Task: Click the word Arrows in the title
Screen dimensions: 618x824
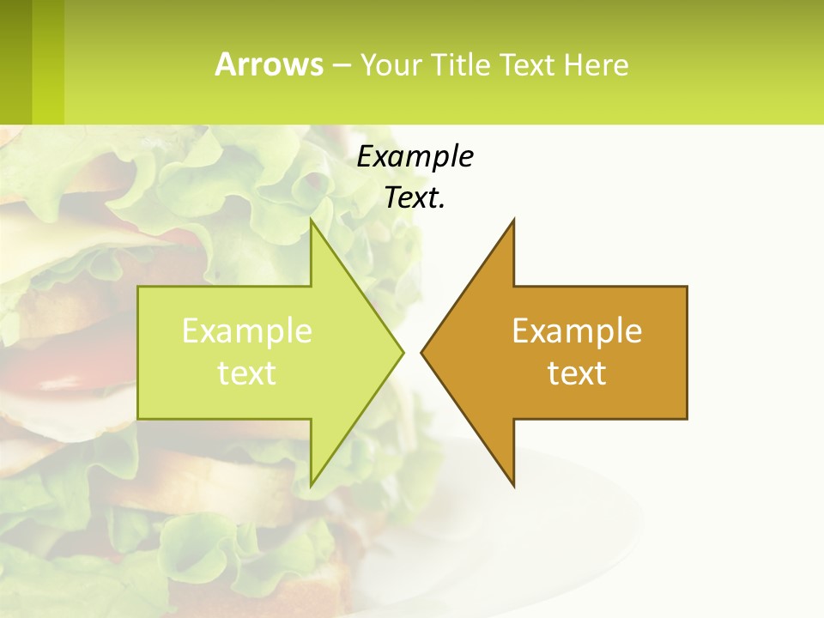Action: (268, 64)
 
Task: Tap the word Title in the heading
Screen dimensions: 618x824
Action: (460, 65)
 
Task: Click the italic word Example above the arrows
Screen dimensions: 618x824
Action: (415, 156)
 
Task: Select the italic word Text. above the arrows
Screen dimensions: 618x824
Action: (415, 198)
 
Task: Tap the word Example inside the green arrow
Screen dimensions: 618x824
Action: (247, 330)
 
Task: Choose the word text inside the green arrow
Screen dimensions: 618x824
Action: (247, 373)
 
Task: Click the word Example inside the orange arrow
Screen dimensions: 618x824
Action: (577, 330)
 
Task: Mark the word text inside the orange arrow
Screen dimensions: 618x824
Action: (577, 373)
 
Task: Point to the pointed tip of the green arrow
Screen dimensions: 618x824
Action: (402, 351)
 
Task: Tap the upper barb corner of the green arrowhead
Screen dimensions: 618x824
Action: (312, 221)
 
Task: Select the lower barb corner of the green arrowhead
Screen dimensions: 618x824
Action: (312, 484)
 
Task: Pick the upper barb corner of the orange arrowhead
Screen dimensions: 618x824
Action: (512, 221)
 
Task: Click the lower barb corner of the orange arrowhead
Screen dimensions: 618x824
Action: (512, 484)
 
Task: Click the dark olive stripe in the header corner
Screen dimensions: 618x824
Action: (15, 62)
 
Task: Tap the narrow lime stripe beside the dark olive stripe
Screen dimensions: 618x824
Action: (48, 62)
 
